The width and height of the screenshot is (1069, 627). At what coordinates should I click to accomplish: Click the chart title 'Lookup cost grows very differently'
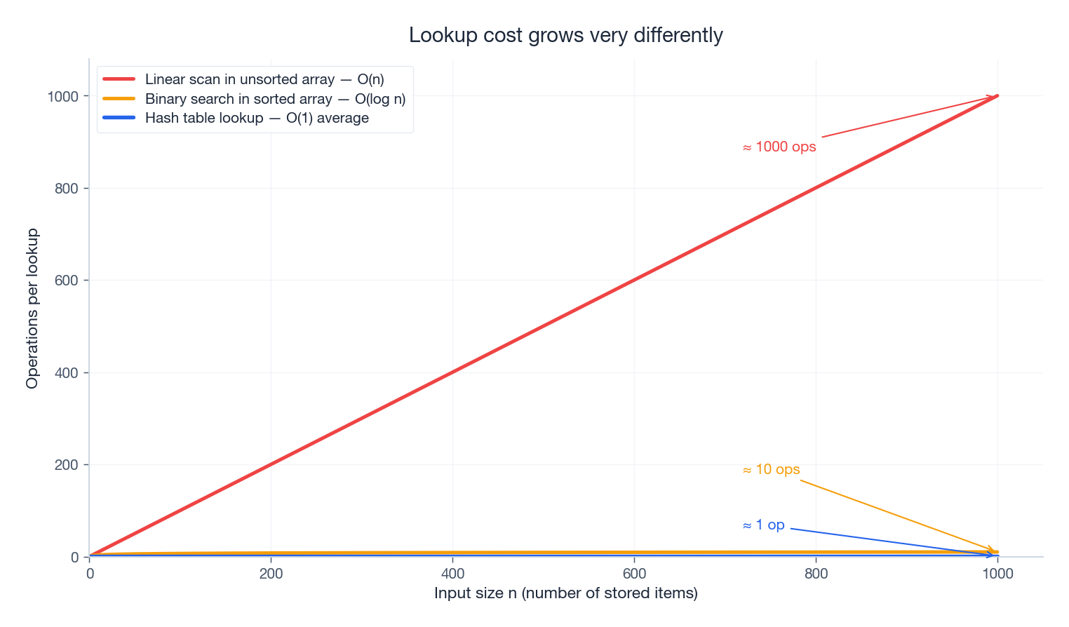[x=565, y=35]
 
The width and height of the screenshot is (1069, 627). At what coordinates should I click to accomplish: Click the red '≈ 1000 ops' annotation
[x=779, y=147]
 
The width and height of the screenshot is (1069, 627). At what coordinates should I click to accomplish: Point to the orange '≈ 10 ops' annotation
[x=771, y=470]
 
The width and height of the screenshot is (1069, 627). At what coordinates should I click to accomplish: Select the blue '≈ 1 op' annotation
[x=763, y=525]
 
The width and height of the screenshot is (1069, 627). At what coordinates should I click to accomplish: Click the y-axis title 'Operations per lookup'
[x=32, y=309]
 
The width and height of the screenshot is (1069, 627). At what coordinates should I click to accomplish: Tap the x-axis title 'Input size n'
[x=565, y=593]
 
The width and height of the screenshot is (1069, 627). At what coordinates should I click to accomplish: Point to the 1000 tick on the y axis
[x=62, y=96]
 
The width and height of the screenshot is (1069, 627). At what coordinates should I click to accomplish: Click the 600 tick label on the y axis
[x=67, y=281]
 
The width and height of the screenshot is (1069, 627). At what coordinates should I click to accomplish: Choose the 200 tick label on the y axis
[x=67, y=465]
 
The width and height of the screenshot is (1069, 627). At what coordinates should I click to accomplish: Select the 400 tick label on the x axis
[x=452, y=574]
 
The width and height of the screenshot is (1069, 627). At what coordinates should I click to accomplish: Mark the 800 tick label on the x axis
[x=816, y=574]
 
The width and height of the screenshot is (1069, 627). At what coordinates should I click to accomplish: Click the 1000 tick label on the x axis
[x=997, y=574]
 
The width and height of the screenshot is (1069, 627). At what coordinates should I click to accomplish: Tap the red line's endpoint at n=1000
[x=997, y=96]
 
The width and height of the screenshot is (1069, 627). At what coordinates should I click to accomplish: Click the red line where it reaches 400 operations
[x=452, y=372]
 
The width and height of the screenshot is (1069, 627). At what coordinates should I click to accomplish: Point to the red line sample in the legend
[x=119, y=79]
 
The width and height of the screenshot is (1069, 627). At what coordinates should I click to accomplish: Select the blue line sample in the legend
[x=119, y=118]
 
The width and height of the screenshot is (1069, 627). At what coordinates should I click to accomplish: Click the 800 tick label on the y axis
[x=67, y=189]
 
